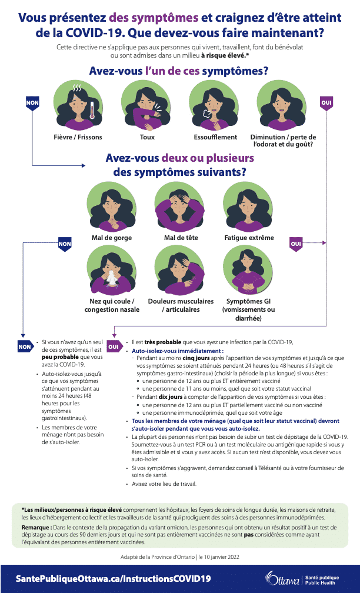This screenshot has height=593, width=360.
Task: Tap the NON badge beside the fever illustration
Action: point(32,104)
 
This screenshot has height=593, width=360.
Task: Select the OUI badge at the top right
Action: point(326,104)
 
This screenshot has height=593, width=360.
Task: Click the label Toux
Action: point(147,137)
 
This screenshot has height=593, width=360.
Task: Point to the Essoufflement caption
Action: point(215,137)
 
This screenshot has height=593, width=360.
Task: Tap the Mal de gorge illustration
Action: point(112,206)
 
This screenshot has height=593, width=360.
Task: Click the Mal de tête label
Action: point(181,238)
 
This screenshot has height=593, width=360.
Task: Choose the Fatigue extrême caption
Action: point(249,238)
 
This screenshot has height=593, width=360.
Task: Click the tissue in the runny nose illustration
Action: point(111,278)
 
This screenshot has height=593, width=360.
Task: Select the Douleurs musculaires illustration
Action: point(180,270)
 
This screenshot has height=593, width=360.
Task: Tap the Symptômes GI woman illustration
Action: point(248,270)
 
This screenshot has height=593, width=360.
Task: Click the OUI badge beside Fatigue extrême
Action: point(296,244)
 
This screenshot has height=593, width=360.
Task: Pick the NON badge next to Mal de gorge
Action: point(65,244)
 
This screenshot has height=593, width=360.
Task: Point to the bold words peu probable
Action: point(60,357)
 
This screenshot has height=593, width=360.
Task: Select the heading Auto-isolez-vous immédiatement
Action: point(178,351)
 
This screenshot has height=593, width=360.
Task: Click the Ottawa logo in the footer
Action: point(282,578)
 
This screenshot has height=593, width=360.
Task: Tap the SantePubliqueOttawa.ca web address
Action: point(113,579)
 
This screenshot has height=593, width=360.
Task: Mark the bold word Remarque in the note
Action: point(36,527)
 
